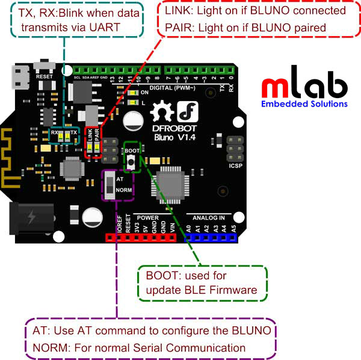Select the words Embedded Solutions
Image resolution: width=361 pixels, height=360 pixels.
pyautogui.click(x=304, y=104)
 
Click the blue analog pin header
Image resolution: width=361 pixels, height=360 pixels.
pyautogui.click(x=210, y=238)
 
